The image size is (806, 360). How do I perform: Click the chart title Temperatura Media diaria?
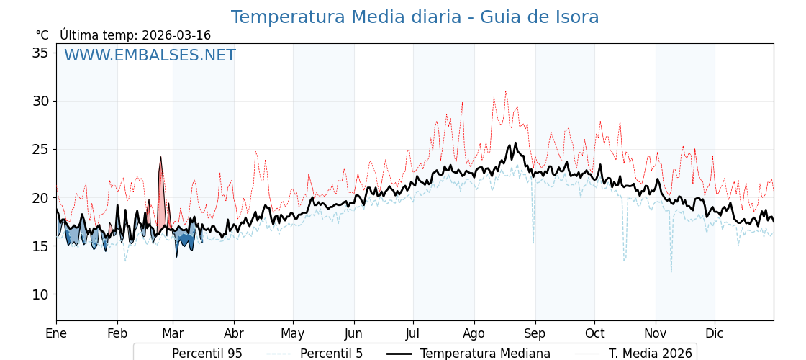tap(415, 17)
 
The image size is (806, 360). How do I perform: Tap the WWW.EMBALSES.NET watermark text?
tap(150, 55)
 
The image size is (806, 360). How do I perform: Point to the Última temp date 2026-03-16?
tap(176, 35)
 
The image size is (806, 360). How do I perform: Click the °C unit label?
tap(42, 35)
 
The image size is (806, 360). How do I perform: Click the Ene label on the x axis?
tap(56, 333)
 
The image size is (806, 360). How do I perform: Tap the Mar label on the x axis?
tap(173, 333)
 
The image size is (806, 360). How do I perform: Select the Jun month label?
tap(353, 333)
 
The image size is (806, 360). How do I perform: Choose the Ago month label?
tap(474, 333)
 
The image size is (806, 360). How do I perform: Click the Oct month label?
tap(594, 333)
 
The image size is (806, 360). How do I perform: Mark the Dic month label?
tap(715, 333)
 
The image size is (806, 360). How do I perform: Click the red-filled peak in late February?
tap(161, 180)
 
